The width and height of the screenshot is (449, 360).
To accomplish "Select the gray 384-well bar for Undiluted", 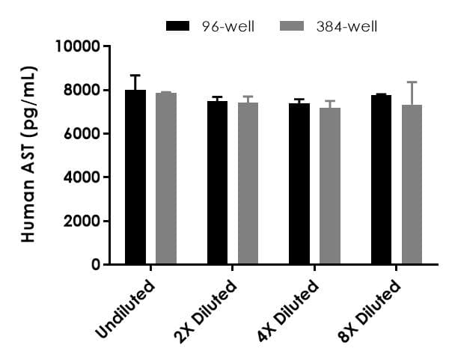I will coord(165,179).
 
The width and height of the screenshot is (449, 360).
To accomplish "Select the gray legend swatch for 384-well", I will coord(293,27).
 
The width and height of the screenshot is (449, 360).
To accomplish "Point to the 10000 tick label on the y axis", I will coord(78,47).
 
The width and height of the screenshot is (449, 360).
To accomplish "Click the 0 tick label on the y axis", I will coord(95,265).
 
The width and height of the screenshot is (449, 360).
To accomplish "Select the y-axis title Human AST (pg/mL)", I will coord(29,154).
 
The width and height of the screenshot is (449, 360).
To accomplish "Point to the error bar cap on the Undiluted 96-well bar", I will coord(135,76).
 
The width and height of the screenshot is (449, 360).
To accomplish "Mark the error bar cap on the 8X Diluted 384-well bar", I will coord(412,82).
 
